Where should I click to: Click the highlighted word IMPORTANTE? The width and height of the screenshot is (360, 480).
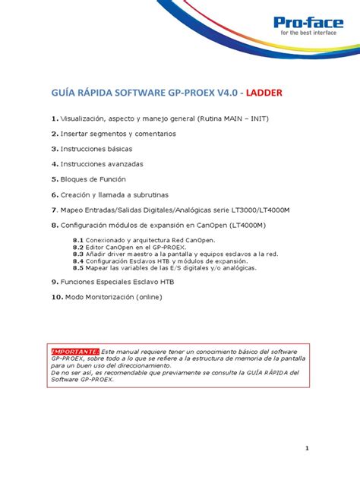(74, 352)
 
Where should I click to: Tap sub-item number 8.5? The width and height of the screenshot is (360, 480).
(78, 267)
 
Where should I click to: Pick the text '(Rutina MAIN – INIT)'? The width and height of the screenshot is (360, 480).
(232, 118)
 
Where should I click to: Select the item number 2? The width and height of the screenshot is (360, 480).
(55, 133)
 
